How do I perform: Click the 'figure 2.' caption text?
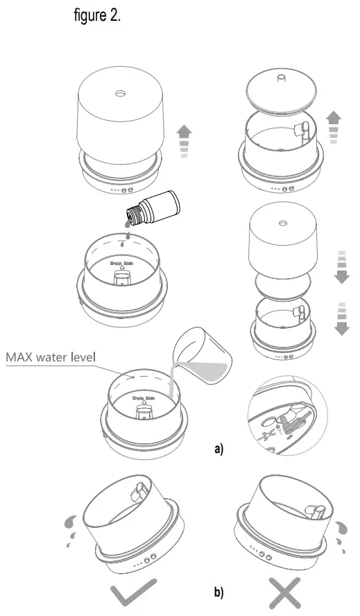click(x=97, y=17)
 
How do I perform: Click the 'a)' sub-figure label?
click(x=219, y=449)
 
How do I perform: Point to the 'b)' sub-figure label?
click(x=219, y=593)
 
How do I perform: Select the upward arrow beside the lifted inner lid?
click(x=334, y=126)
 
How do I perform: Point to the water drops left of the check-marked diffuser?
click(x=70, y=531)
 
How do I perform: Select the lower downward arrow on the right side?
click(x=341, y=318)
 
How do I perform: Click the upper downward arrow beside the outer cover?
click(x=341, y=266)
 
